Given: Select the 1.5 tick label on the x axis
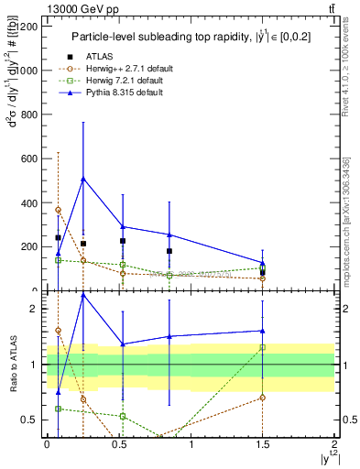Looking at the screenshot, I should [263, 444].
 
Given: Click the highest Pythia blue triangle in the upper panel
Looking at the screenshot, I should [83, 179].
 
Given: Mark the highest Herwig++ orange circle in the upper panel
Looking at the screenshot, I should [58, 210].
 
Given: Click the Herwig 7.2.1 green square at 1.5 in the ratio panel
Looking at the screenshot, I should [263, 347].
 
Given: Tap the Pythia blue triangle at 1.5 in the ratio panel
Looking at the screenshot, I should [263, 331].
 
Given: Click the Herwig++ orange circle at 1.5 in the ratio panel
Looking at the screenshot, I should [263, 398].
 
